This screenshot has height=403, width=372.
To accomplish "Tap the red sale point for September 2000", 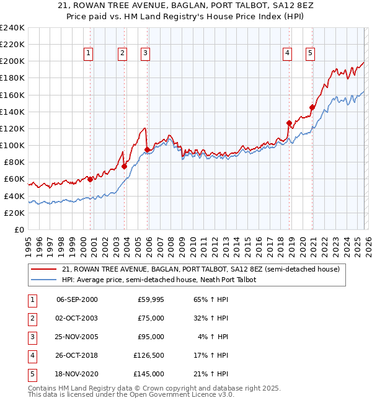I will coord(90,179).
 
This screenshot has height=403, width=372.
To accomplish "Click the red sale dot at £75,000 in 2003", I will coord(124,166).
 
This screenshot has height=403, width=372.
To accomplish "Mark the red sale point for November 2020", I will coord(312,107).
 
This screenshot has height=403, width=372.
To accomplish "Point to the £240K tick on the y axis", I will coord(12,28).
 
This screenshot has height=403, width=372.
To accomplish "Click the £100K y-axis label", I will coord(12,145).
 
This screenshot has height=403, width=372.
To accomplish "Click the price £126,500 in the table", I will coord(148,356).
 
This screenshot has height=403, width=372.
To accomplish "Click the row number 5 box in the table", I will coord(32,374).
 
